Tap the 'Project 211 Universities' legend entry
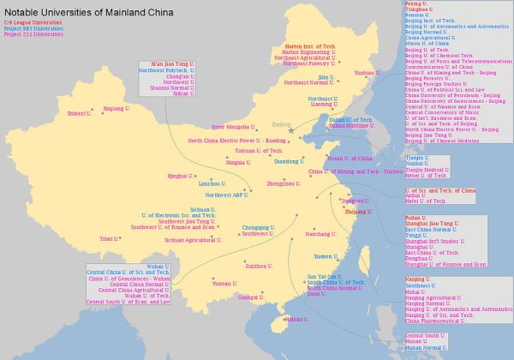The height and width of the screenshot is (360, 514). tap(33, 36)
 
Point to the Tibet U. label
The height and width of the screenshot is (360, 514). tap(109, 239)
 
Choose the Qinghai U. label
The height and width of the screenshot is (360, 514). tap(179, 176)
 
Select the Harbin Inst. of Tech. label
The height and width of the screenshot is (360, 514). tap(311, 45)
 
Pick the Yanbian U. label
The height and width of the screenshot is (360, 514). tap(366, 73)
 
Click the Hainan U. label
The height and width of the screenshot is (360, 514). tap(296, 319)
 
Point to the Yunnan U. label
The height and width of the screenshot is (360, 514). tap(224, 283)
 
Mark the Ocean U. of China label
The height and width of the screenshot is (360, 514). tap(350, 159)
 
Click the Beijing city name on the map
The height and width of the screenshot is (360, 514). tap(282, 125)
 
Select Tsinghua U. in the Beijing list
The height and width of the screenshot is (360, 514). tap(417, 10)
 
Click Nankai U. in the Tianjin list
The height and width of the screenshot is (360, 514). tap(417, 164)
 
